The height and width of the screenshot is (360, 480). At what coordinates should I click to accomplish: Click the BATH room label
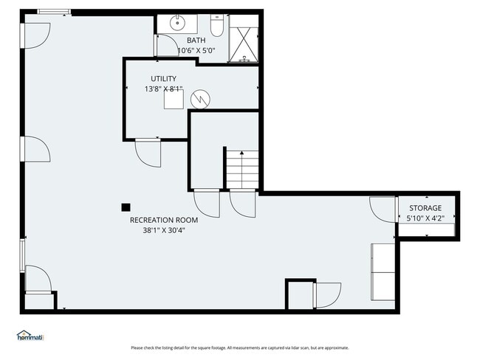pyautogui.click(x=196, y=40)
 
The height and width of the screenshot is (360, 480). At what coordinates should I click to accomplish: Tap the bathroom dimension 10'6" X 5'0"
pyautogui.click(x=196, y=50)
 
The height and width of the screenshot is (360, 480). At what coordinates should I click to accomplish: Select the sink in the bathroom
pyautogui.click(x=178, y=23)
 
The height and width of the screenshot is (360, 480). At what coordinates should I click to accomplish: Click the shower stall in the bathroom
pyautogui.click(x=243, y=39)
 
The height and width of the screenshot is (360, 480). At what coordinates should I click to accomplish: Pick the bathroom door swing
pyautogui.click(x=165, y=46)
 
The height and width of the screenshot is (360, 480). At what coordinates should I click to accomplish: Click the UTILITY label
pyautogui.click(x=163, y=78)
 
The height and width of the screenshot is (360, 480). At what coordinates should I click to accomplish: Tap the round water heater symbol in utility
pyautogui.click(x=199, y=97)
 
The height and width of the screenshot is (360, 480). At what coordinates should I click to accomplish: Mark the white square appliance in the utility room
pyautogui.click(x=174, y=102)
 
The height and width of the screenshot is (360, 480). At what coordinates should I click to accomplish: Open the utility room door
pyautogui.click(x=147, y=153)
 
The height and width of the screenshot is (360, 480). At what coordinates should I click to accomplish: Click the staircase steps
pyautogui.click(x=241, y=169)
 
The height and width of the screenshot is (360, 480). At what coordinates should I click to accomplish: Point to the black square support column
pyautogui.click(x=126, y=208)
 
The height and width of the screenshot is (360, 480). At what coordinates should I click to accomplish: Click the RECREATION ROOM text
pyautogui.click(x=164, y=220)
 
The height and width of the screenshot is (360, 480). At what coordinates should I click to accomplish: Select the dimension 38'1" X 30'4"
pyautogui.click(x=164, y=229)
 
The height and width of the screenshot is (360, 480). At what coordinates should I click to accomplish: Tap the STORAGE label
pyautogui.click(x=425, y=208)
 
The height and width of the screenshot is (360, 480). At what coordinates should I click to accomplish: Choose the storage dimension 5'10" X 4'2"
pyautogui.click(x=425, y=218)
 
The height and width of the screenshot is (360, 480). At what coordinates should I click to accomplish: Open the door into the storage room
pyautogui.click(x=383, y=210)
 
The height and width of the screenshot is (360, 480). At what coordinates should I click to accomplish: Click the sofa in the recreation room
pyautogui.click(x=383, y=271)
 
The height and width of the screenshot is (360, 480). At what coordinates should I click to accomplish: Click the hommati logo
pyautogui.click(x=30, y=336)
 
